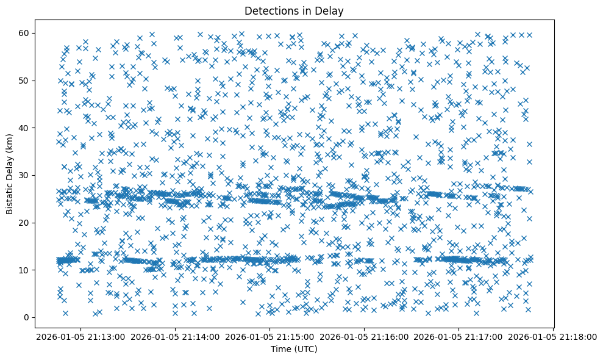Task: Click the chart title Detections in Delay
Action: [294, 10]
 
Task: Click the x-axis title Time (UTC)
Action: [294, 349]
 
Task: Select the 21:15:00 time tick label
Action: [269, 336]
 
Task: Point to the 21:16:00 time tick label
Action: [363, 336]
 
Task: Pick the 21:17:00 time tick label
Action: [458, 336]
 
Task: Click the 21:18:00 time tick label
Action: [553, 336]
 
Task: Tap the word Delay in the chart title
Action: [332, 10]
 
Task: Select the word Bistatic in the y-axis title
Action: [10, 193]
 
